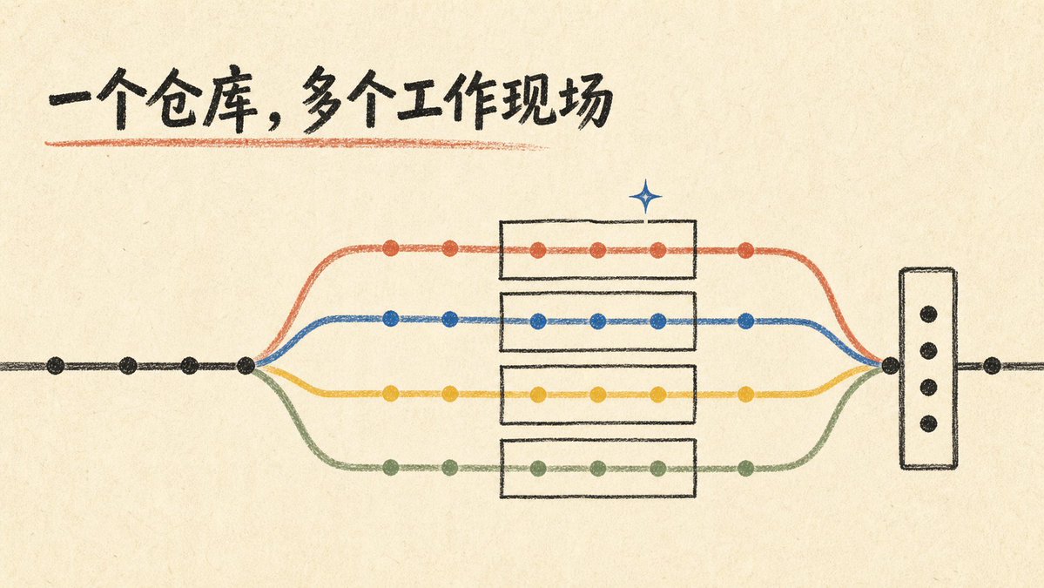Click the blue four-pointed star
(x=645, y=197)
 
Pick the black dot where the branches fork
(x=246, y=365)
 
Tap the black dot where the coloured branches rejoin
(x=890, y=365)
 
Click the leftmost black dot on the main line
(x=56, y=366)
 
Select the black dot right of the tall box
(x=992, y=365)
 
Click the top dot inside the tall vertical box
(x=928, y=314)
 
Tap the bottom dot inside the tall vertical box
(x=928, y=423)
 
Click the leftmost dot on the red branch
(x=391, y=248)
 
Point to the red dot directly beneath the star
(x=657, y=250)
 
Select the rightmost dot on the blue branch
(x=745, y=321)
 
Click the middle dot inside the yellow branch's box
(x=598, y=395)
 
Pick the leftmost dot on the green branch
(x=391, y=468)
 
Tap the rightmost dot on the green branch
(x=745, y=468)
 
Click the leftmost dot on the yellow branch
(x=391, y=394)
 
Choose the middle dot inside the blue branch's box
(x=598, y=321)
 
